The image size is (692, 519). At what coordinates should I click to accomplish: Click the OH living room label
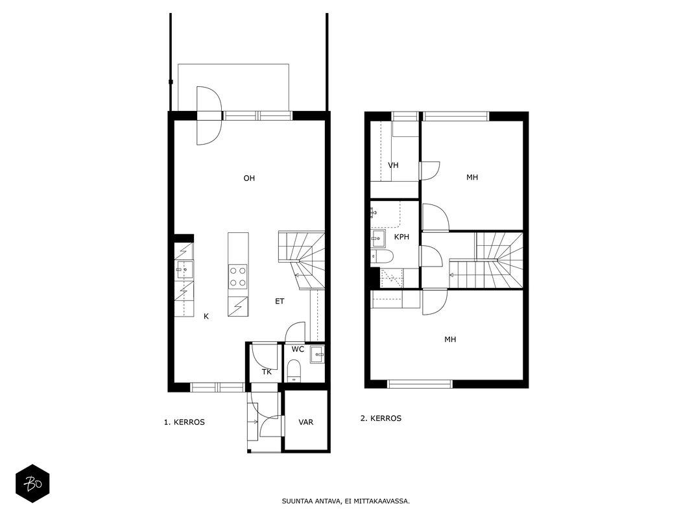coord(249,178)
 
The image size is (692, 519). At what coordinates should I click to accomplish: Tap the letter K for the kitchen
coord(206,317)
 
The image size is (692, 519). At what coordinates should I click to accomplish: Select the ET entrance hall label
coord(280,302)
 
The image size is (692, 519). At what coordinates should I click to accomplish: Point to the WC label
coord(298,350)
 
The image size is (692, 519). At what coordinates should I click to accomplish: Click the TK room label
coord(267,372)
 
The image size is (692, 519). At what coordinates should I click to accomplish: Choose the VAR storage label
coord(306,422)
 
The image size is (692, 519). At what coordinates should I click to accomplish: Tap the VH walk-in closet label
coord(393,165)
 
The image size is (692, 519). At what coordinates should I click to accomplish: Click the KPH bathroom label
coord(401,237)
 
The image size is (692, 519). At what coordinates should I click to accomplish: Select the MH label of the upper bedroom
coord(472,177)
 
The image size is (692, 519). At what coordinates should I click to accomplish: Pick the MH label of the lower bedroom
coord(450,339)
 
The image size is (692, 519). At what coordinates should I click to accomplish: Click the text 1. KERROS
coord(184,422)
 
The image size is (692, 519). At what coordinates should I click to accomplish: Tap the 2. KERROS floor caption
coord(381,418)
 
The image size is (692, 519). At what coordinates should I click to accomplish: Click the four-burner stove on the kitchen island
coord(237,276)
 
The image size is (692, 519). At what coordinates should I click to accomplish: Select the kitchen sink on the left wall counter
coord(184,269)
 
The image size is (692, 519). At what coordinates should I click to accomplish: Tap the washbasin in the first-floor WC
coord(317,354)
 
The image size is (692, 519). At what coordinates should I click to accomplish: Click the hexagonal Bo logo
coord(32,484)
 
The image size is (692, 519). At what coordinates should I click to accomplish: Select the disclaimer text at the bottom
coord(346,501)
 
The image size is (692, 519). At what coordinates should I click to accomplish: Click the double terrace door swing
coord(208,115)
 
